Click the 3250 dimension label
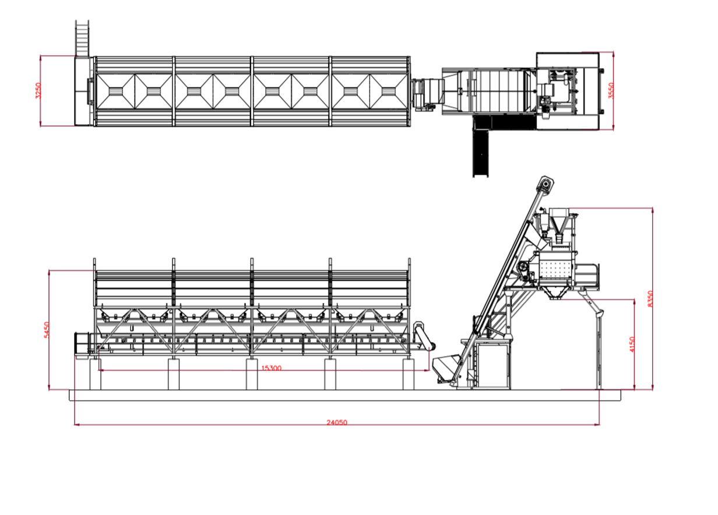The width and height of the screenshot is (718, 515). click(38, 91)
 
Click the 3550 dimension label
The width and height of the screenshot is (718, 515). click(611, 91)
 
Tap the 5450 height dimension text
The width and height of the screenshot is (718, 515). click(47, 329)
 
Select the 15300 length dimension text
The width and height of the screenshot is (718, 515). click(271, 368)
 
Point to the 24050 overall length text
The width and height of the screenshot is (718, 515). click(337, 422)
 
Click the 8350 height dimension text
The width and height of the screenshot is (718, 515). click(650, 299)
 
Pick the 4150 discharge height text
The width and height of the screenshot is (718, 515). click(632, 344)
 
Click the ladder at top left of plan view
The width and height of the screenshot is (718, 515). click(82, 38)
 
